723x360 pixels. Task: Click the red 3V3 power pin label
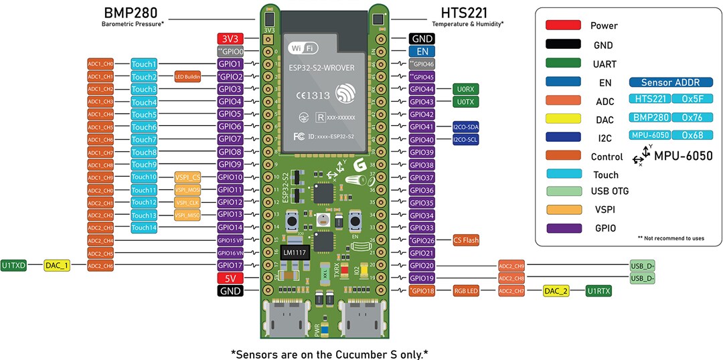pos(230,39)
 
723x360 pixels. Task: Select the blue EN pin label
pos(422,51)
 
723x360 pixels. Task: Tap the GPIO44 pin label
pos(422,89)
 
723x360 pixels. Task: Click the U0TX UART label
pos(465,102)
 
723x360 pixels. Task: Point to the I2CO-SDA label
pos(465,127)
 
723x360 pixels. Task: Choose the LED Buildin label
pos(187,77)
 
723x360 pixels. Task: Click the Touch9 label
pos(144,165)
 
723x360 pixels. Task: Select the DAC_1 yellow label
pos(57,266)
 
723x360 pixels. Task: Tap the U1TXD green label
pos(14,266)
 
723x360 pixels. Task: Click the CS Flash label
pos(466,240)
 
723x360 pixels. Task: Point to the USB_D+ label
pos(642,266)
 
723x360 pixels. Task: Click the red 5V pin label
pos(230,278)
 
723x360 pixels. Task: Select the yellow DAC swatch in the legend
pos(562,118)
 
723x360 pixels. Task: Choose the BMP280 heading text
pos(131,13)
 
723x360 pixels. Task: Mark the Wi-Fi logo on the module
pos(303,48)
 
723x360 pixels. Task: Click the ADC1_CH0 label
pos(101,64)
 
